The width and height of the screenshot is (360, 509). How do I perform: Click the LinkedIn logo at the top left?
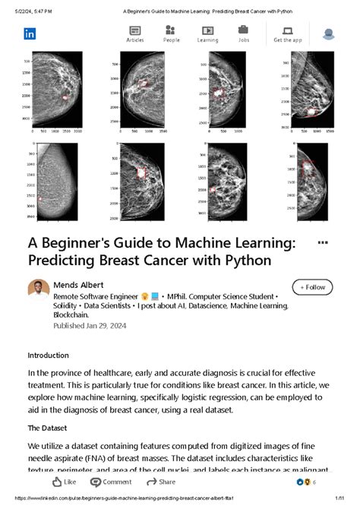(x=30, y=33)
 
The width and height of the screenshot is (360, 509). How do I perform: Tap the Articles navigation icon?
(x=135, y=31)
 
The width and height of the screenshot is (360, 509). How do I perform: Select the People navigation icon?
(x=171, y=31)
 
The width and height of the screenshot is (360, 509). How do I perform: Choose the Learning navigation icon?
(x=207, y=31)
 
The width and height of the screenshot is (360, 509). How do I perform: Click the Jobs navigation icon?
(x=244, y=31)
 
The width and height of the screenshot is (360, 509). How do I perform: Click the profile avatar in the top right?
(x=329, y=34)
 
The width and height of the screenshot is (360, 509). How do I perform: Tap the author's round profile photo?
(x=39, y=290)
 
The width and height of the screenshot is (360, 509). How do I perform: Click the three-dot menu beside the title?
(x=322, y=242)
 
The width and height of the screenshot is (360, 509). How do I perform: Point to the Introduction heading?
(x=48, y=356)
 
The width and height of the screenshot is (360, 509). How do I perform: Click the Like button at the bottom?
(x=64, y=482)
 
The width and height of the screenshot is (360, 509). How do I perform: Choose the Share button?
(x=161, y=482)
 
